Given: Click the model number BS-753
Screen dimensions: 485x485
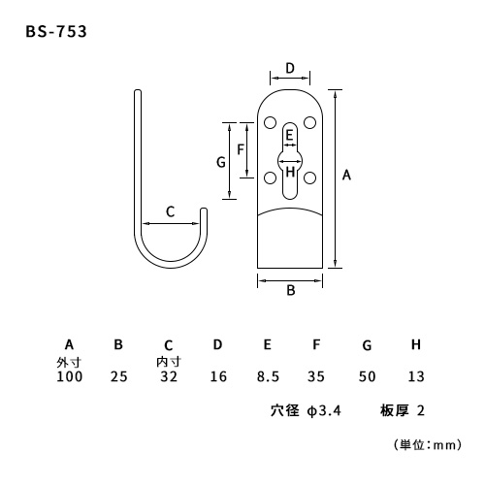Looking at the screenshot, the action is click(x=56, y=32).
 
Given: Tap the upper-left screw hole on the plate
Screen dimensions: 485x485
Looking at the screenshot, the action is click(x=270, y=123).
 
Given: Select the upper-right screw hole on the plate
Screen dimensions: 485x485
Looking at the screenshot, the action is click(x=309, y=122).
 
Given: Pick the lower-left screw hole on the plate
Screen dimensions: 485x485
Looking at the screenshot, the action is click(x=270, y=178).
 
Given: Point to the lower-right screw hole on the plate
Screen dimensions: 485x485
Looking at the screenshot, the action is click(x=309, y=178).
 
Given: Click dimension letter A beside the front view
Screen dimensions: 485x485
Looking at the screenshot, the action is click(x=346, y=175).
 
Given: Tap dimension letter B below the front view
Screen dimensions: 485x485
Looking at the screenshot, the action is click(x=291, y=290).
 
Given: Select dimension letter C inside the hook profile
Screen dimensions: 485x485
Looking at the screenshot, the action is click(x=171, y=211).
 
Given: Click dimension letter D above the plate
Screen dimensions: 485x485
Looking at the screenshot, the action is click(x=290, y=68).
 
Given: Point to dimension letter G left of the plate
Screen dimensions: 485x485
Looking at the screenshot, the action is click(x=221, y=162).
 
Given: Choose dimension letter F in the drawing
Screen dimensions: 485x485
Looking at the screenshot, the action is click(x=241, y=149).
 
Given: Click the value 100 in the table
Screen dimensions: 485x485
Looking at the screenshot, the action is click(x=70, y=376).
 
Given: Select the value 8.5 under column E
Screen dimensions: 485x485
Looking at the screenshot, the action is click(x=268, y=376).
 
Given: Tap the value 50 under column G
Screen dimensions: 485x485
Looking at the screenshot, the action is click(x=367, y=376).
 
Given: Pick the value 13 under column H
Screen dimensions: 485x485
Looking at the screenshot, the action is click(x=416, y=376).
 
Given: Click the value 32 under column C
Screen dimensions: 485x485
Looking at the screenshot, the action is click(x=169, y=376).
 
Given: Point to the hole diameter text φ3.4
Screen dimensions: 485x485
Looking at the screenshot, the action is click(x=324, y=411).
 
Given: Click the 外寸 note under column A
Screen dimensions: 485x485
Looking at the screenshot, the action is click(x=69, y=363).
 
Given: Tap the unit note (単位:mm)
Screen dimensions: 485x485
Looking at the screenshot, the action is click(x=428, y=445).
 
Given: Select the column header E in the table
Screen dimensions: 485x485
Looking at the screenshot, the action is click(x=268, y=344).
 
